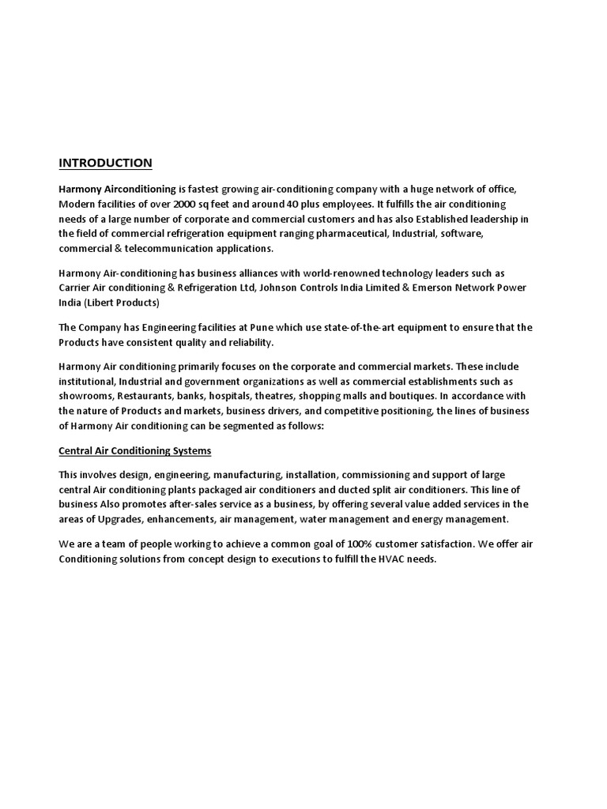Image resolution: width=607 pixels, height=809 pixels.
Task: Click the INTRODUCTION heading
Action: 105,164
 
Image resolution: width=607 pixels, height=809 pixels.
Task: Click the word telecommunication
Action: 163,248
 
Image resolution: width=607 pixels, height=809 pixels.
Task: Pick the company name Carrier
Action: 76,288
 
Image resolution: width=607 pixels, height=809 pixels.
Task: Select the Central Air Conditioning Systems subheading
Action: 135,451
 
